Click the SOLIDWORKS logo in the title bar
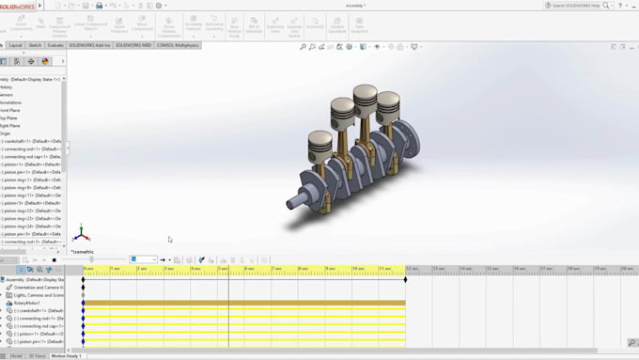coord(18,5)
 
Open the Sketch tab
coord(35,44)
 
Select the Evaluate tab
coord(55,44)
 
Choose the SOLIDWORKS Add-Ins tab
coord(90,44)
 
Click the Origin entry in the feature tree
coord(7,133)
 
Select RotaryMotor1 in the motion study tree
coord(29,303)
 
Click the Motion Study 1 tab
coord(66,356)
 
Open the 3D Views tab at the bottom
coord(38,356)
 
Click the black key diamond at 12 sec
coord(405,279)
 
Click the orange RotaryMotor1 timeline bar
coord(244,303)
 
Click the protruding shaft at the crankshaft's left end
coord(298,198)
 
